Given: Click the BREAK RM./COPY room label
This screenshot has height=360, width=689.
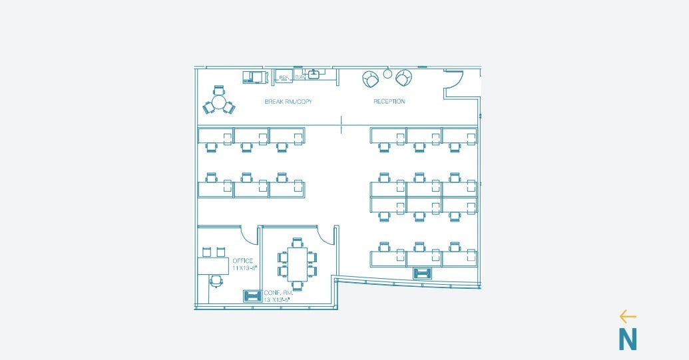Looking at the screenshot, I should (x=288, y=102).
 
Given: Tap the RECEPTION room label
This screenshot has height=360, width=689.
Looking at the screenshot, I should (x=389, y=102).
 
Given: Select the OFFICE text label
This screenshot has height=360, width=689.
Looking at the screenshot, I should (x=242, y=261).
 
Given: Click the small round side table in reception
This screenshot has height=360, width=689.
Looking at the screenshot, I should (x=387, y=73).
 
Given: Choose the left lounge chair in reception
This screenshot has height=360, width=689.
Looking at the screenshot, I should (x=371, y=79).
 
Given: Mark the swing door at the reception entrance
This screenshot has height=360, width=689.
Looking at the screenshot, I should (x=453, y=79).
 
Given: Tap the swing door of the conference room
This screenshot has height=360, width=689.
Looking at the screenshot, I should (x=326, y=235).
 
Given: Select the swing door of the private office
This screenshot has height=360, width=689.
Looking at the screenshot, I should (x=249, y=235).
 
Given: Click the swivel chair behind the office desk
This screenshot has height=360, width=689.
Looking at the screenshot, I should (x=216, y=281).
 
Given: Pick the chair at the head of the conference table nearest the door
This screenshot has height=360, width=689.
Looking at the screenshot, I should (x=297, y=242).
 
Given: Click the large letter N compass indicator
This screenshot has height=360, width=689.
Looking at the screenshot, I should (x=627, y=339).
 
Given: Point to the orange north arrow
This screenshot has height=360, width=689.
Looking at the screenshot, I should (x=627, y=317).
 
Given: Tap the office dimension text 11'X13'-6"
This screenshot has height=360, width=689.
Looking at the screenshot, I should (x=244, y=268).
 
